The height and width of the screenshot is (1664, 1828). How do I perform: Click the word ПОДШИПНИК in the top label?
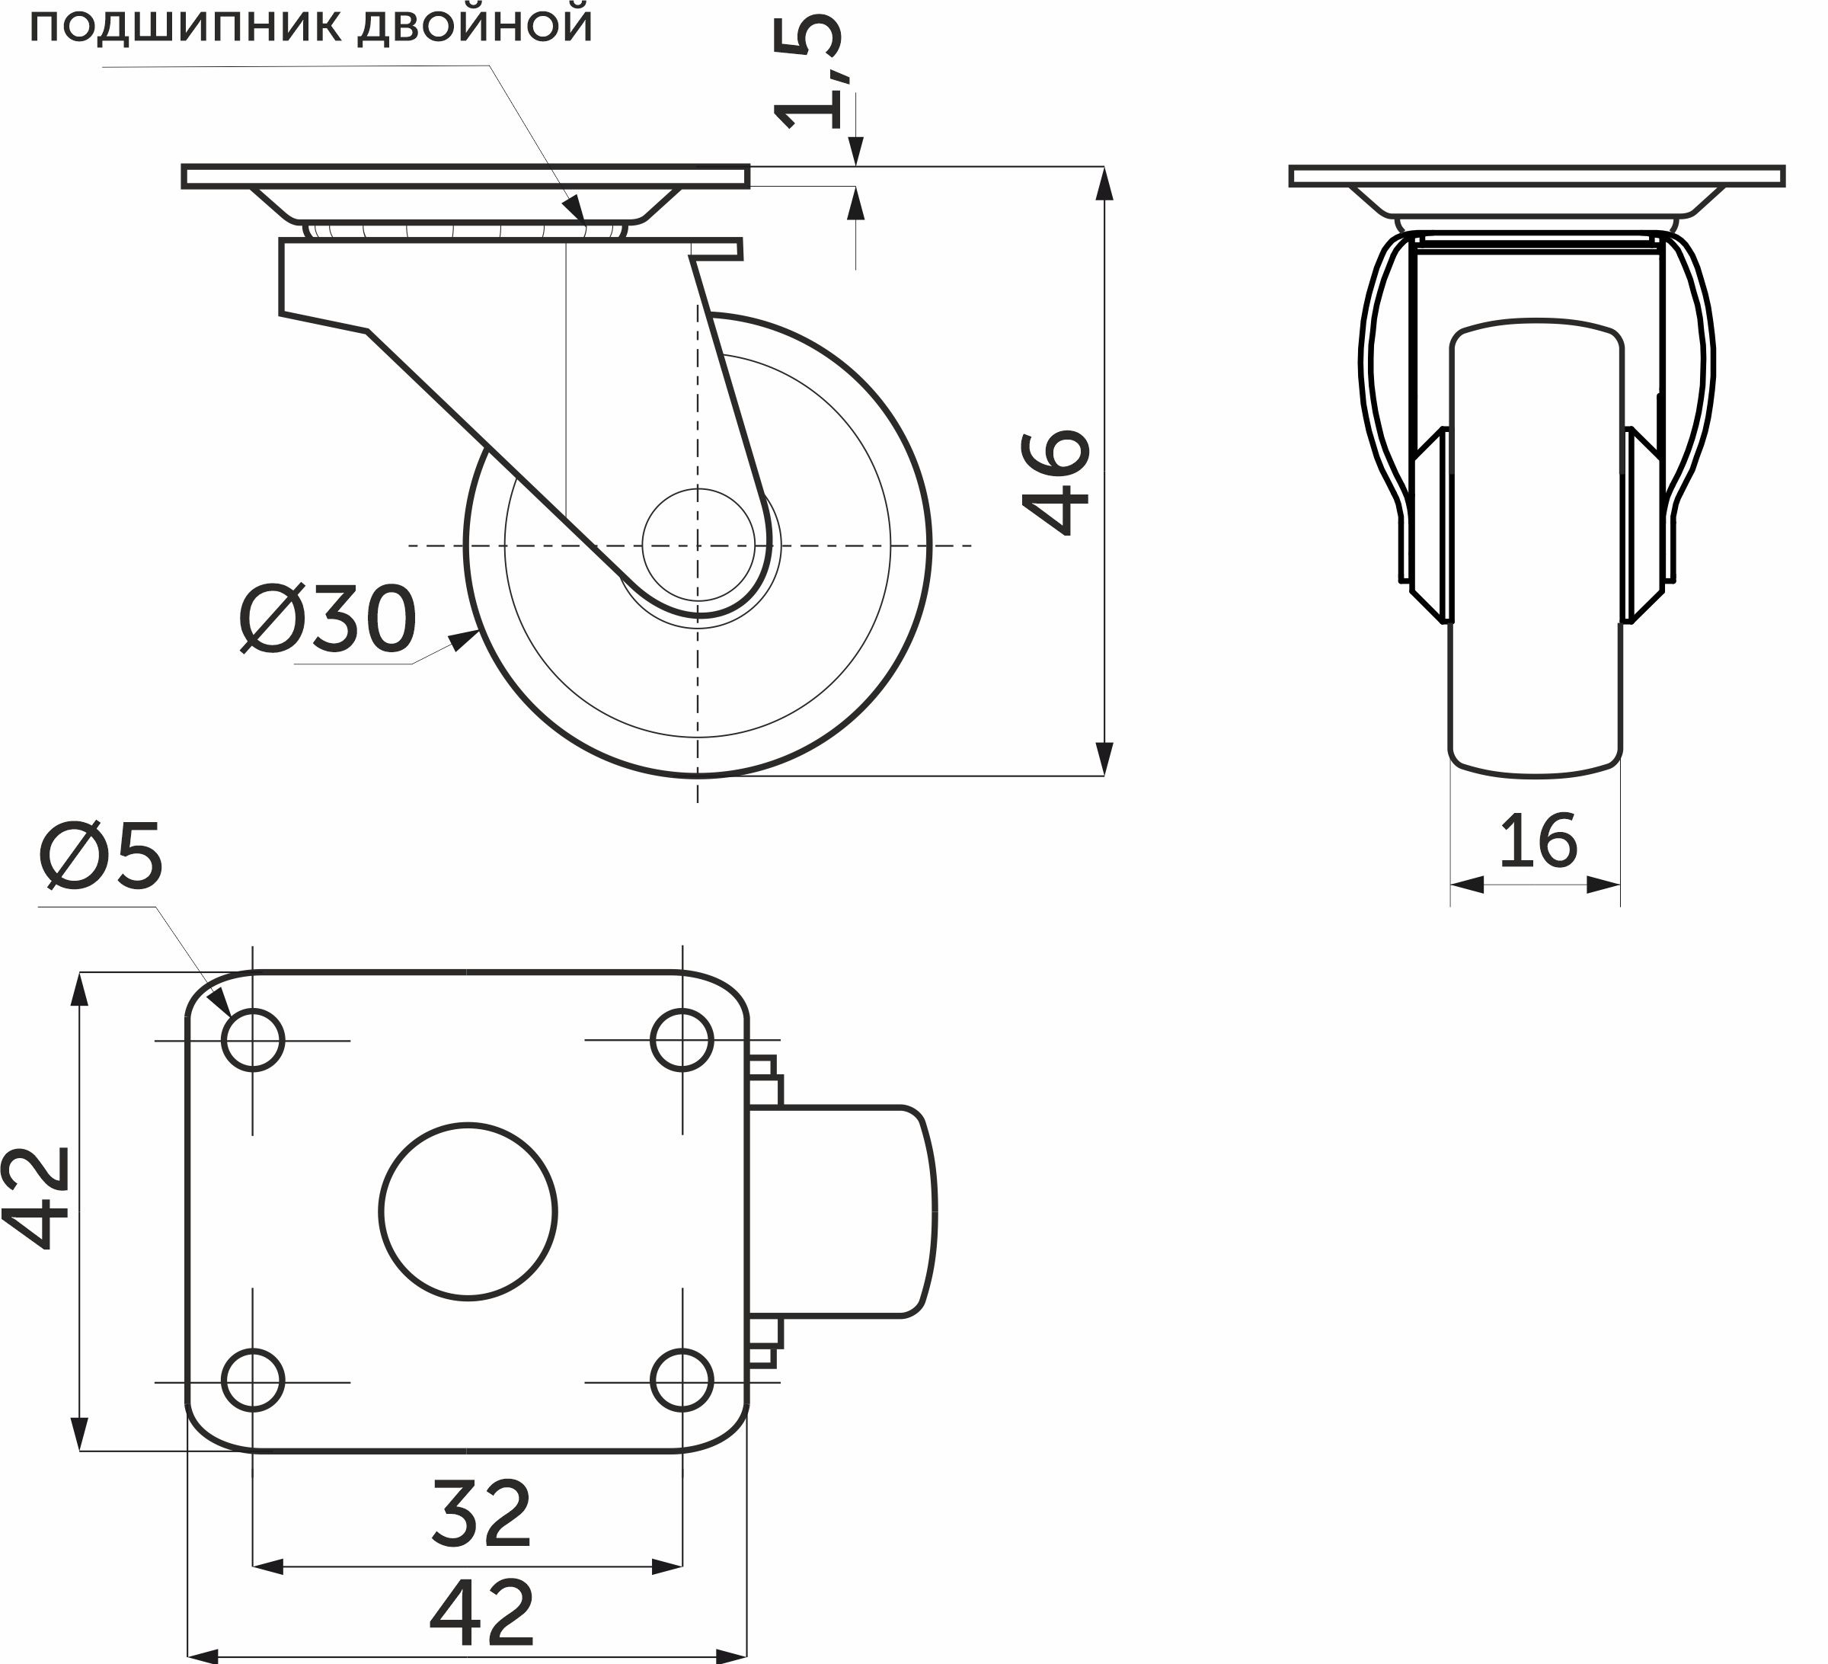[x=185, y=27]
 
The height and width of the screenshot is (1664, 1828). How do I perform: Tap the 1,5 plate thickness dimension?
[x=810, y=72]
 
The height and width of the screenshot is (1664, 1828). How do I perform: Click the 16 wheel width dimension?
[x=1538, y=840]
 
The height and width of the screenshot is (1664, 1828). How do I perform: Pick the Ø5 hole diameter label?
[x=101, y=854]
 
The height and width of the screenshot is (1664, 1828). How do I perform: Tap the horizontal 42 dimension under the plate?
[x=481, y=1613]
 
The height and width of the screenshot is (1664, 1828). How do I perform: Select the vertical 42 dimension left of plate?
[x=38, y=1198]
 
